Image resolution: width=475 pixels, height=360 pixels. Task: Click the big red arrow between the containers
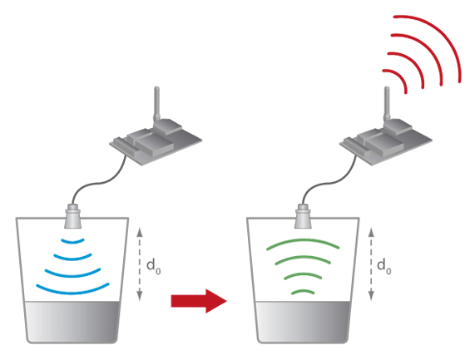[x=199, y=301]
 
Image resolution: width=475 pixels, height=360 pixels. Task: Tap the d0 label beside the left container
[x=154, y=266]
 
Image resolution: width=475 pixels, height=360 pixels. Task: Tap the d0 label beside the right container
[x=384, y=266]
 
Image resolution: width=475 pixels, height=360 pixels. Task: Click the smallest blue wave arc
[x=72, y=242]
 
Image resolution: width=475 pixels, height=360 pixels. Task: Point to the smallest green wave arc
[x=303, y=291]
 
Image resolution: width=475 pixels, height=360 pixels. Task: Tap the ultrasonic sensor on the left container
[x=72, y=216]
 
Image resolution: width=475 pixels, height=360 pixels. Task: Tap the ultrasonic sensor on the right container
[x=304, y=216]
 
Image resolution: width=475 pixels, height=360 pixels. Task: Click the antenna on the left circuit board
[x=157, y=105]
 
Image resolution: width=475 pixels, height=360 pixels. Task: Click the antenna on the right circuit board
[x=387, y=105]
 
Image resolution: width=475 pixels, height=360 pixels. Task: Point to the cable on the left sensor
[x=97, y=184]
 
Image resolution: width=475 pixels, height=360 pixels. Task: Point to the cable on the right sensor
[x=327, y=184]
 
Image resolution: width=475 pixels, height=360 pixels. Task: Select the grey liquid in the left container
[x=72, y=321]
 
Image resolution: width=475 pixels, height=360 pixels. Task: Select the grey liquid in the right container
[x=303, y=321]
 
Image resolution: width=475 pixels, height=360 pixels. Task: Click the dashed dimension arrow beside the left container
[x=140, y=264]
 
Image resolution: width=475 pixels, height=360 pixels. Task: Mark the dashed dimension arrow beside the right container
[x=371, y=264]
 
